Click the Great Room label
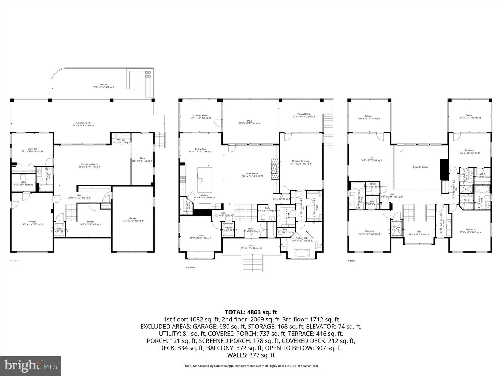coord(252,174)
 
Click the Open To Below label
coord(420,167)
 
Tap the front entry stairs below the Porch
coord(252,263)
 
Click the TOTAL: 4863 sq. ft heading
coord(251,312)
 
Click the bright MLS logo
coord(31,366)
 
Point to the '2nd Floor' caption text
coord(190,267)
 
